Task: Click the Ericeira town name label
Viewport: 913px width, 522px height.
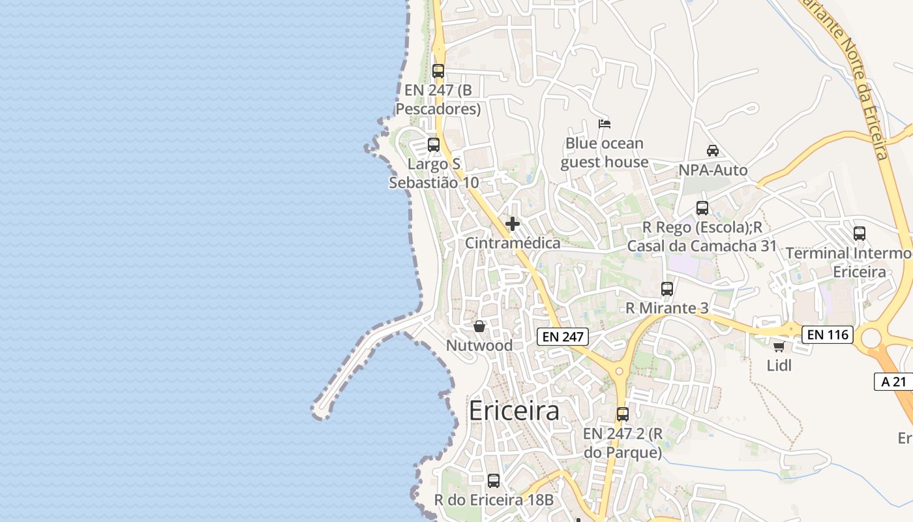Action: coord(514,411)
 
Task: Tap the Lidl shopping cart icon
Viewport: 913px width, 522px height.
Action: coord(779,346)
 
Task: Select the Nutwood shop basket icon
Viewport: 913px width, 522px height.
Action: coord(479,326)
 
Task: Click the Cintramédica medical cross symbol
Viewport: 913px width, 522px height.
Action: coord(513,224)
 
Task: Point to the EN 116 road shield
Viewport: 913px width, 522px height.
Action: coord(828,335)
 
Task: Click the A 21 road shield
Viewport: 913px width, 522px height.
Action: coord(893,382)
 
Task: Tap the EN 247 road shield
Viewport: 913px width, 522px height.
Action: coord(563,337)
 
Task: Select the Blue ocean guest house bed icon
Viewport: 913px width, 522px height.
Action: coord(605,124)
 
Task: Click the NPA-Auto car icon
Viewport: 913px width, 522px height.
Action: coord(713,151)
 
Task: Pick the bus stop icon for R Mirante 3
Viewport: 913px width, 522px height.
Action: coord(666,289)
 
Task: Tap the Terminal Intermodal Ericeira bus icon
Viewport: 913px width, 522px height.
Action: coord(860,234)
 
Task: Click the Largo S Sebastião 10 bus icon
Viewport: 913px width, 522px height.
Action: coord(434,145)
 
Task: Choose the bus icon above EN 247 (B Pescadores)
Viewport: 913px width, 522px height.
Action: coord(438,71)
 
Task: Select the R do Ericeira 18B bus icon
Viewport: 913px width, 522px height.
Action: coord(494,481)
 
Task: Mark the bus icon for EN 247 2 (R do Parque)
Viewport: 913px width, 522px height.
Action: coord(623,414)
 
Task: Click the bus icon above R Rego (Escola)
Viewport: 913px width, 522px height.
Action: coord(702,208)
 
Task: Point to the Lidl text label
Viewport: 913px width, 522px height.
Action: coord(779,365)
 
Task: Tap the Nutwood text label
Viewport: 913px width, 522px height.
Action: coord(479,345)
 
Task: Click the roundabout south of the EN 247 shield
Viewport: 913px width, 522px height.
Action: coord(619,371)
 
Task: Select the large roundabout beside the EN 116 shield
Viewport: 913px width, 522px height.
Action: coord(871,338)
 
